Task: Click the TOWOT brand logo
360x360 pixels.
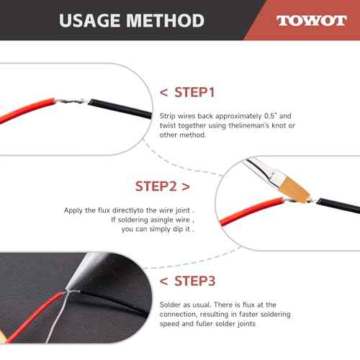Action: pyautogui.click(x=311, y=21)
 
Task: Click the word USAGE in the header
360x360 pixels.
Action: pyautogui.click(x=89, y=20)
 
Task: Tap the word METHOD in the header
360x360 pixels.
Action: pyautogui.click(x=166, y=20)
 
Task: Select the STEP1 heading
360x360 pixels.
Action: pyautogui.click(x=194, y=92)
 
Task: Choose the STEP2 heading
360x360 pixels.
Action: pyautogui.click(x=156, y=186)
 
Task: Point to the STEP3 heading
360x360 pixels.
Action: pyautogui.click(x=194, y=281)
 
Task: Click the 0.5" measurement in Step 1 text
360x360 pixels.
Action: pyautogui.click(x=271, y=116)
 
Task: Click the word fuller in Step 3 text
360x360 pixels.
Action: pyautogui.click(x=204, y=324)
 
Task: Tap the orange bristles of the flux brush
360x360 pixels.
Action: pyautogui.click(x=294, y=189)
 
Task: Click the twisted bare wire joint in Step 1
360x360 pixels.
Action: pyautogui.click(x=71, y=101)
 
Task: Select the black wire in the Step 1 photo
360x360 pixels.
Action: pyautogui.click(x=120, y=109)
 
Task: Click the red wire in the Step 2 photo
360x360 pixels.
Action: pyautogui.click(x=252, y=211)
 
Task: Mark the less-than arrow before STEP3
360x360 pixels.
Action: pyautogui.click(x=163, y=282)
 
